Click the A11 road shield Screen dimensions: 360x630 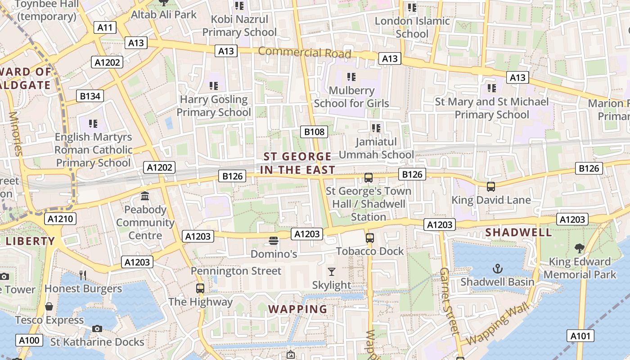pos(105,27)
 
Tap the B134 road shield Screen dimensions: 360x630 pos(90,95)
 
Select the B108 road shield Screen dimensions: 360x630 pos(314,132)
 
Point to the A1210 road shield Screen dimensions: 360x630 pos(60,219)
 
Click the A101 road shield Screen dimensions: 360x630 pos(580,335)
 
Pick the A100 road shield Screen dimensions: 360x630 pos(29,340)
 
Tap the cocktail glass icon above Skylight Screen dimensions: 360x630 pos(332,271)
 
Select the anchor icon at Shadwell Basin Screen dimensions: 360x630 pos(497,269)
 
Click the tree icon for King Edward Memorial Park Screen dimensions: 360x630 pos(580,248)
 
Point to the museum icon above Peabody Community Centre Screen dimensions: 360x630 pos(145,196)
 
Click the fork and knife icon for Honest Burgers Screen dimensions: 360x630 pos(83,275)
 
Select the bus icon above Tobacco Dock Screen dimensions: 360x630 pos(370,238)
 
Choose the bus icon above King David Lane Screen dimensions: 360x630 pos(491,186)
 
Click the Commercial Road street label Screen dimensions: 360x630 pos(304,53)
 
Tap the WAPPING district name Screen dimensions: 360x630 pos(298,309)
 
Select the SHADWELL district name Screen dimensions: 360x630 pos(518,232)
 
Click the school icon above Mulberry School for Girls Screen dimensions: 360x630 pos(351,77)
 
